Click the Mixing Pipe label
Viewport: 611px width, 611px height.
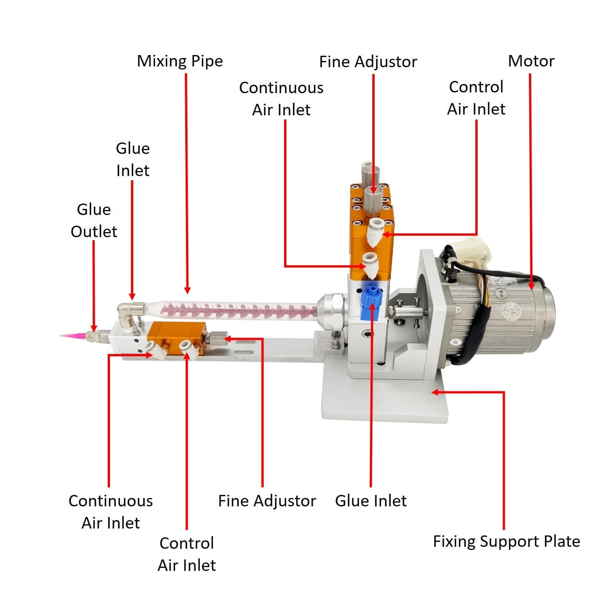[x=179, y=61]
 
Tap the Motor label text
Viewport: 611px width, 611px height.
[x=531, y=61]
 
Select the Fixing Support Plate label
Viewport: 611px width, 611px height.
[x=506, y=541]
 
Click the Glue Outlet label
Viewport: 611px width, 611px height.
[x=94, y=220]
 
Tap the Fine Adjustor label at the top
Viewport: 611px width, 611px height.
[x=368, y=62]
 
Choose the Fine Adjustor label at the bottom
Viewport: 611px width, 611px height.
[x=267, y=501]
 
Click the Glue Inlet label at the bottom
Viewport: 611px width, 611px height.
[x=370, y=501]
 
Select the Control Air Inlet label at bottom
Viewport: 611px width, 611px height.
[x=186, y=554]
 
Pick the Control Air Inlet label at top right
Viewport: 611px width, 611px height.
[x=476, y=98]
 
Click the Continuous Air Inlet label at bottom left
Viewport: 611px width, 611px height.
[x=110, y=512]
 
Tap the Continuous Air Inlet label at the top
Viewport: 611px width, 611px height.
[x=281, y=99]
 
